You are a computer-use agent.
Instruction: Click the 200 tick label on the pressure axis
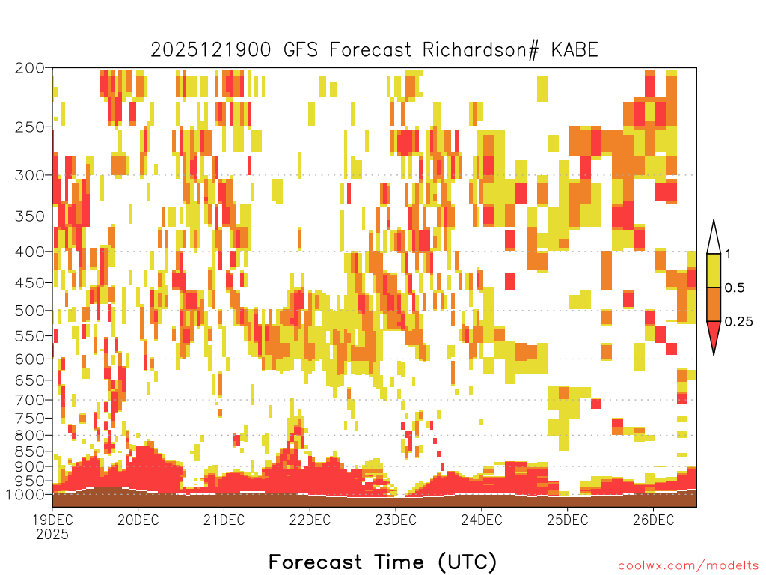(x=30, y=68)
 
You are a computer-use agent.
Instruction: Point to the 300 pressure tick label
(x=30, y=175)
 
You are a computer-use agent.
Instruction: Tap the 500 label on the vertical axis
(x=30, y=311)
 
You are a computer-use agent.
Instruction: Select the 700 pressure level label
(x=30, y=401)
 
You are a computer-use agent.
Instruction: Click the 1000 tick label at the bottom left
(x=26, y=495)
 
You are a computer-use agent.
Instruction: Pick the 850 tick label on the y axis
(x=30, y=451)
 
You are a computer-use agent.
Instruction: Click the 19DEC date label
(x=52, y=520)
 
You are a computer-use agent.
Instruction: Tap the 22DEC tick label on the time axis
(x=310, y=520)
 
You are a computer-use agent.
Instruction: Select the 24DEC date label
(x=481, y=520)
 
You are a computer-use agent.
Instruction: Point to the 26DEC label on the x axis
(x=653, y=520)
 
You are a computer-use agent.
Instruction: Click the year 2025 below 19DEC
(x=52, y=535)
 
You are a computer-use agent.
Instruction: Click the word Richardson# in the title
(x=481, y=50)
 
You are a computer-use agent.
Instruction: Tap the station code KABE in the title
(x=574, y=50)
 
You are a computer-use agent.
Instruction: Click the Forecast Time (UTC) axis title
(x=382, y=562)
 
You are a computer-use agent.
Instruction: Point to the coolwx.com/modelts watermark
(x=689, y=566)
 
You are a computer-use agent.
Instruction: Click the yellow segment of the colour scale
(x=714, y=270)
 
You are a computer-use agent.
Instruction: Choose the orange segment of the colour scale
(x=714, y=304)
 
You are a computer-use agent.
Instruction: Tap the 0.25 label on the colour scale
(x=738, y=322)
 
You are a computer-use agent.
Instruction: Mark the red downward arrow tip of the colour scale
(x=714, y=354)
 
